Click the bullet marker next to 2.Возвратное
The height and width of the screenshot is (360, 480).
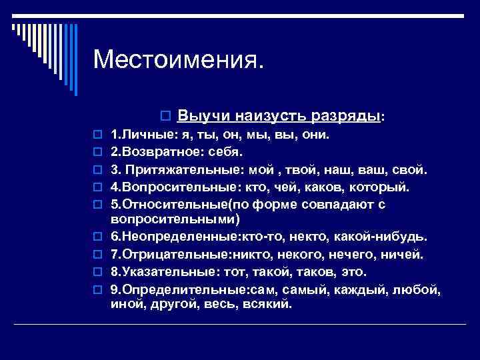point(97,152)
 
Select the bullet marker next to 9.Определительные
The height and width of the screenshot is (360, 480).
point(97,290)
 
